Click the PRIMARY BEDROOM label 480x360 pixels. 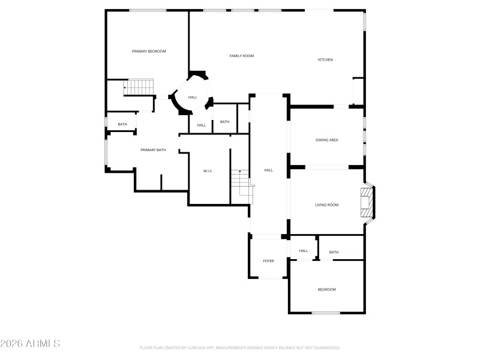pos(149,52)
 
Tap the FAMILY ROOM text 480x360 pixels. pos(242,56)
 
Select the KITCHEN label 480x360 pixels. pos(325,60)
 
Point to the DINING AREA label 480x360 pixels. pos(327,140)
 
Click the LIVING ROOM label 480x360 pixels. pos(327,205)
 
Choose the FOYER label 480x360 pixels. pos(268,261)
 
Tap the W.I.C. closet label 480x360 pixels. pos(208,171)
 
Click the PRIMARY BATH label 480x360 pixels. pos(153,150)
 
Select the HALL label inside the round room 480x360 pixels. pos(193,97)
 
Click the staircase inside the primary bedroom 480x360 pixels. pos(139,88)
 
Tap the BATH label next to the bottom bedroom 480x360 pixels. pos(334,252)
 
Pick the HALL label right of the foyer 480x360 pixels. pos(304,251)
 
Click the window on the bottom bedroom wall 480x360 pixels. pos(326,313)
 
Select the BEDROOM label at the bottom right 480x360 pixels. pos(327,290)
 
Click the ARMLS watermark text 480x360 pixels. pos(30,344)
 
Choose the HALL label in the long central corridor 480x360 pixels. pos(269,170)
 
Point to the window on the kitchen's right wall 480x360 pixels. pos(364,21)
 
